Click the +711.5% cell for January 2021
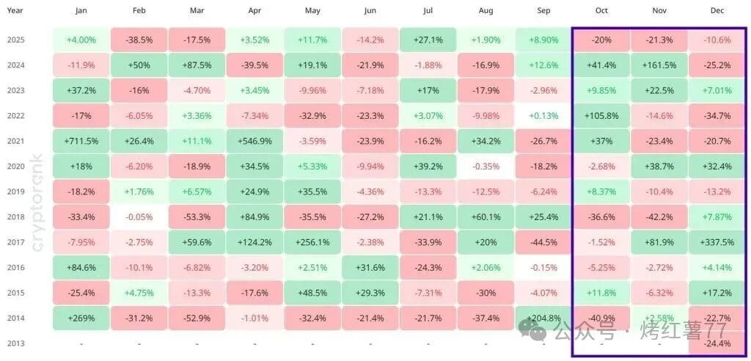point(81,141)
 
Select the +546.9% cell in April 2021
point(254,141)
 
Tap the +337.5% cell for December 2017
point(717,242)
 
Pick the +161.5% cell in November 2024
point(659,65)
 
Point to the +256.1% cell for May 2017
point(312,242)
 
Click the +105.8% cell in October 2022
point(601,116)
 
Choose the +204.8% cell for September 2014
point(543,318)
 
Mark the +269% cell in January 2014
point(81,318)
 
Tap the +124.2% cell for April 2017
point(254,242)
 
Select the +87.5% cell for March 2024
point(197,65)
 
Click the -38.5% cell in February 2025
point(139,40)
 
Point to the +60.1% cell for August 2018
point(486,217)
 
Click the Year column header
point(15,11)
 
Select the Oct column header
point(601,11)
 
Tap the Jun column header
point(370,11)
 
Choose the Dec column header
point(717,11)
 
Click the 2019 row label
point(15,192)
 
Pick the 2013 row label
point(15,343)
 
